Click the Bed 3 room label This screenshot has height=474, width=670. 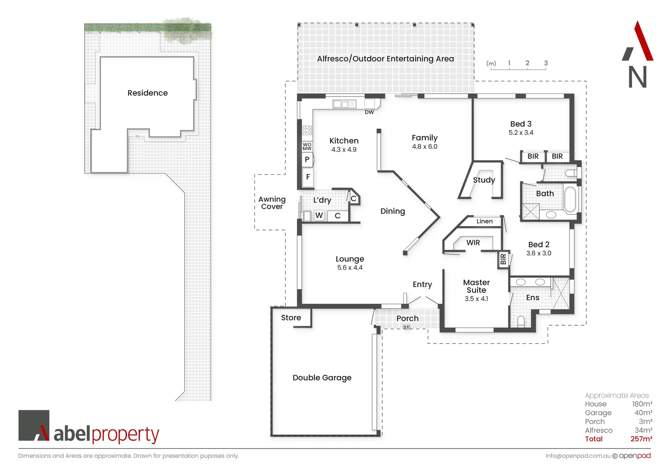point(521,124)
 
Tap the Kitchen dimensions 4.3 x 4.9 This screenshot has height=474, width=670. point(344,150)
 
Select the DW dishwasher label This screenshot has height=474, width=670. point(369,112)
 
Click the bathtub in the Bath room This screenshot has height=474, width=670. point(570,200)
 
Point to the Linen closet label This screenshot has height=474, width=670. point(484,221)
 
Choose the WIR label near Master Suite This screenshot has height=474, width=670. point(473,243)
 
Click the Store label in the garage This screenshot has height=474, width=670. point(291,318)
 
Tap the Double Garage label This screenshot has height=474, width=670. point(322,378)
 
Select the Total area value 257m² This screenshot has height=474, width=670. point(641,439)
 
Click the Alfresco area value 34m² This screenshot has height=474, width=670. point(643,430)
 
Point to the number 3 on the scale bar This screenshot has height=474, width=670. point(546,63)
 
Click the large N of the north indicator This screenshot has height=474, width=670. point(638,77)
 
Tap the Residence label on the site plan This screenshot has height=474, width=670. point(147,93)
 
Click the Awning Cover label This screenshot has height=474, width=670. point(272,203)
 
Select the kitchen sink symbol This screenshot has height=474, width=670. point(344,104)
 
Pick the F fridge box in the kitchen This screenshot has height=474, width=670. point(308,177)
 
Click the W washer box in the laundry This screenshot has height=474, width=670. point(319,215)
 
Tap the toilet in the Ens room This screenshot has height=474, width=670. point(521,321)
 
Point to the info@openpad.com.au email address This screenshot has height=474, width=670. point(578,456)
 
